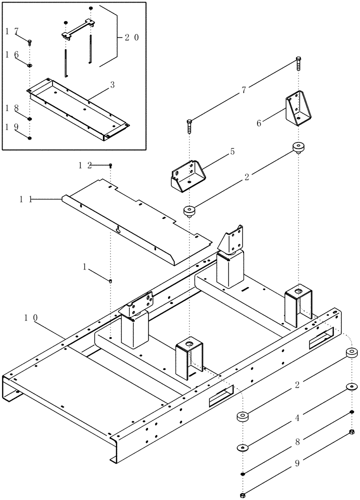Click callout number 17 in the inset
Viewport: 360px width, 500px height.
coord(12,31)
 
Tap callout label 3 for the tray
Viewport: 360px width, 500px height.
coord(112,85)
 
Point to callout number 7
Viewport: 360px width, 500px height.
coord(243,90)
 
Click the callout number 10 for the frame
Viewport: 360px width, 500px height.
coord(31,317)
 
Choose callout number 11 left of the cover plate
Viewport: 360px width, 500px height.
coord(26,199)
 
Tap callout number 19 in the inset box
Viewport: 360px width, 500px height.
coord(12,127)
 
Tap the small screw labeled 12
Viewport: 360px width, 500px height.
coord(111,165)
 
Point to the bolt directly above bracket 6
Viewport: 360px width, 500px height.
coord(298,63)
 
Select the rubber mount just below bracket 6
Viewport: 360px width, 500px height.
coord(298,148)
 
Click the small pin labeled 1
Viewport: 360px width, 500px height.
coord(110,281)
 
